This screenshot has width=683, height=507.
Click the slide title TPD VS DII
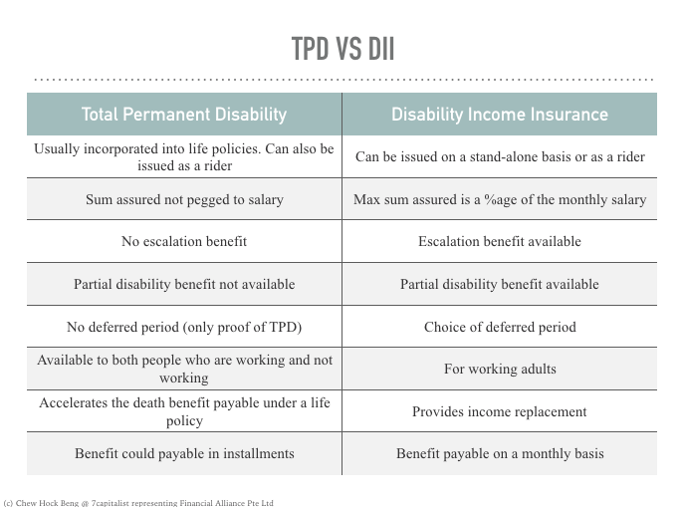coord(342,49)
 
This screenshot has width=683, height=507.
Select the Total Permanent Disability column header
coord(184,115)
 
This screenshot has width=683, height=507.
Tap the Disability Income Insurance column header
coord(500,115)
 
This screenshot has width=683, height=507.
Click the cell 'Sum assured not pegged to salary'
coord(184,199)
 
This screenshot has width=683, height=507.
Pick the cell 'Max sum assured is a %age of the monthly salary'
coord(500,199)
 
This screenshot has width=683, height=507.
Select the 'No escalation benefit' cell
coord(184,241)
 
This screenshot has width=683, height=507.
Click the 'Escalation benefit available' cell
coord(500,241)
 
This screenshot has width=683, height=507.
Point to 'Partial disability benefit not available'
coord(184,284)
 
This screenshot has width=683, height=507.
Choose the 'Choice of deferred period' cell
coord(500,327)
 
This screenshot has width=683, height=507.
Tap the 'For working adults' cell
coord(500,369)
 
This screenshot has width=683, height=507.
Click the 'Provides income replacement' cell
coord(500,411)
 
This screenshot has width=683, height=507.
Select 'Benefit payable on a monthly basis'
coord(500,453)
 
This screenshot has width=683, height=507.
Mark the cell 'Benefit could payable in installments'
coord(184,453)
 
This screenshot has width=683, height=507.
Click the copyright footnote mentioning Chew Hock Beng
coord(138,503)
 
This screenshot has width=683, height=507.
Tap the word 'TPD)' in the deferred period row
coord(286,327)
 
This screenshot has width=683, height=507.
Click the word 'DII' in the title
coord(381,49)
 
